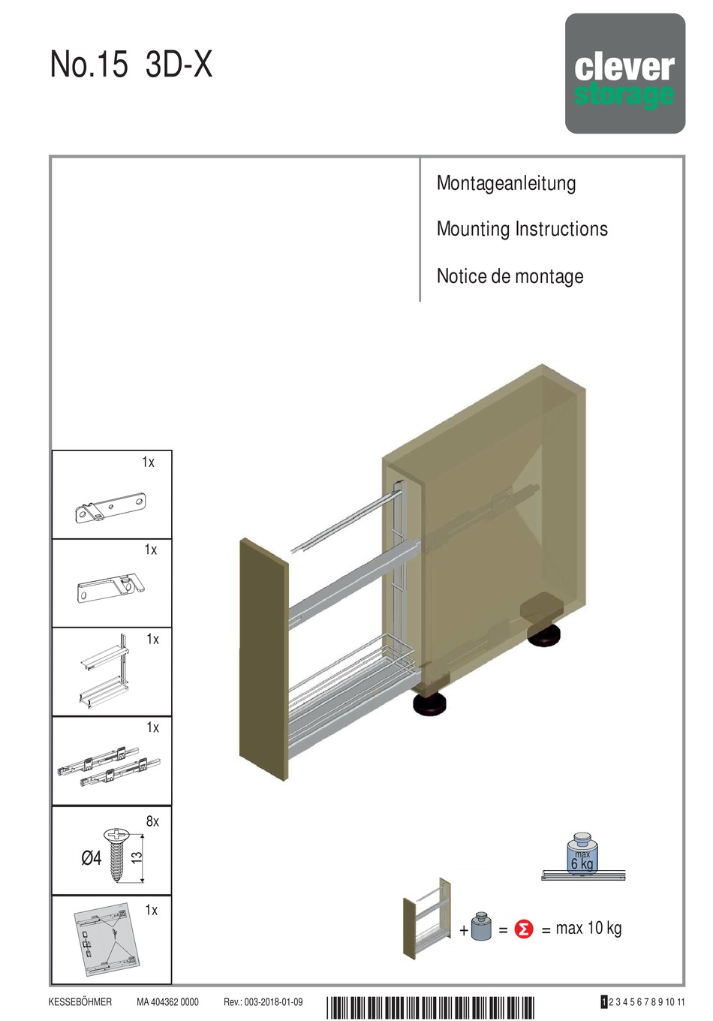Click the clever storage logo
(624, 74)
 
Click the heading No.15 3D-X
(131, 65)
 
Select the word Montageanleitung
(506, 184)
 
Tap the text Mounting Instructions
(522, 229)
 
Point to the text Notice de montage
(510, 276)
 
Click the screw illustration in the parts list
(117, 854)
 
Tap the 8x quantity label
(152, 821)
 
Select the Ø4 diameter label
(91, 857)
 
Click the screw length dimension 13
(137, 857)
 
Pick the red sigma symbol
(524, 929)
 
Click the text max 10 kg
(588, 929)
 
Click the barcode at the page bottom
(430, 1006)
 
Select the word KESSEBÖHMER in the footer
(80, 1002)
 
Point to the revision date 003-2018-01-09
(273, 1002)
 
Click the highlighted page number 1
(604, 1002)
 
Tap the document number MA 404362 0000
(167, 1002)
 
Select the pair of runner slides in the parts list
(109, 766)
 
